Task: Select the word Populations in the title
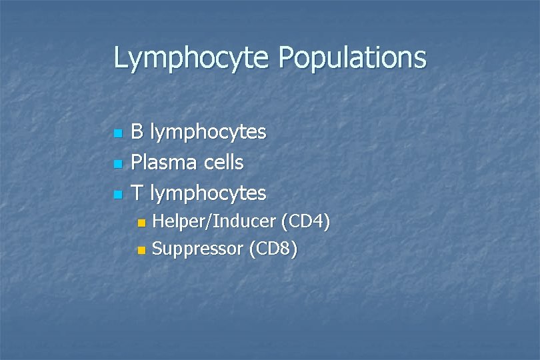[x=353, y=58]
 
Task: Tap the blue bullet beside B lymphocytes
[x=118, y=133]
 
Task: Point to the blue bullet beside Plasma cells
[x=118, y=164]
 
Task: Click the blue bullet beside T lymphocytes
[x=118, y=195]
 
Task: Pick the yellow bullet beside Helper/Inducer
[x=140, y=223]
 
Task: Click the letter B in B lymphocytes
[x=137, y=132]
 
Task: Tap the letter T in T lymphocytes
[x=137, y=193]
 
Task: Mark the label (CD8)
[x=273, y=250]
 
